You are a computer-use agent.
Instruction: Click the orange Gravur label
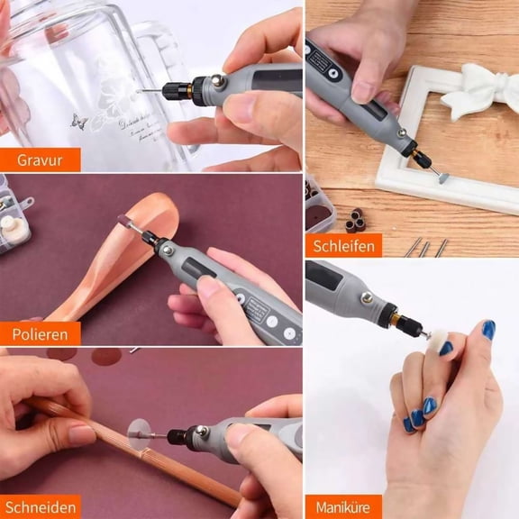click(x=40, y=160)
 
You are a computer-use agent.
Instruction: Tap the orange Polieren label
click(x=40, y=333)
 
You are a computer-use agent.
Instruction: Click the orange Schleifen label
click(x=342, y=244)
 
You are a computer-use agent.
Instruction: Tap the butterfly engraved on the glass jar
click(x=80, y=121)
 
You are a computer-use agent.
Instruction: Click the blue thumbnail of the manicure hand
click(x=487, y=330)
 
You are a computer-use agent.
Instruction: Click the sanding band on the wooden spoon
click(x=124, y=223)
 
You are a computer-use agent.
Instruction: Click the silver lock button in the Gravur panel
click(x=218, y=82)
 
